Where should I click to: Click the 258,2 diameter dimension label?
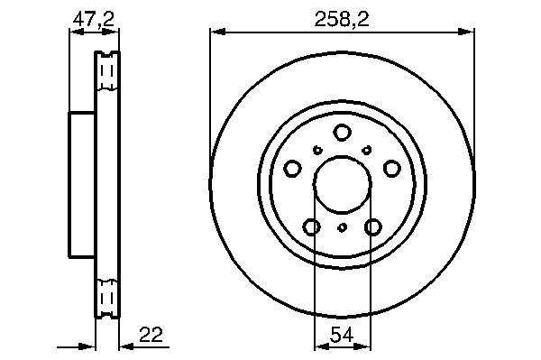(342, 19)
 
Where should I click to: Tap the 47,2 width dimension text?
(93, 19)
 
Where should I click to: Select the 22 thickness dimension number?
(151, 334)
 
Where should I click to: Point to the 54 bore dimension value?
(342, 335)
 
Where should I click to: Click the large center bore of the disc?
(342, 184)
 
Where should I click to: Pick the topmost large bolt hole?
(342, 133)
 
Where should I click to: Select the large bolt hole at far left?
(292, 169)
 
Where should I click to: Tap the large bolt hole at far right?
(392, 169)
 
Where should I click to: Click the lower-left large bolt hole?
(312, 227)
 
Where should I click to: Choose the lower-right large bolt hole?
(373, 227)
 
